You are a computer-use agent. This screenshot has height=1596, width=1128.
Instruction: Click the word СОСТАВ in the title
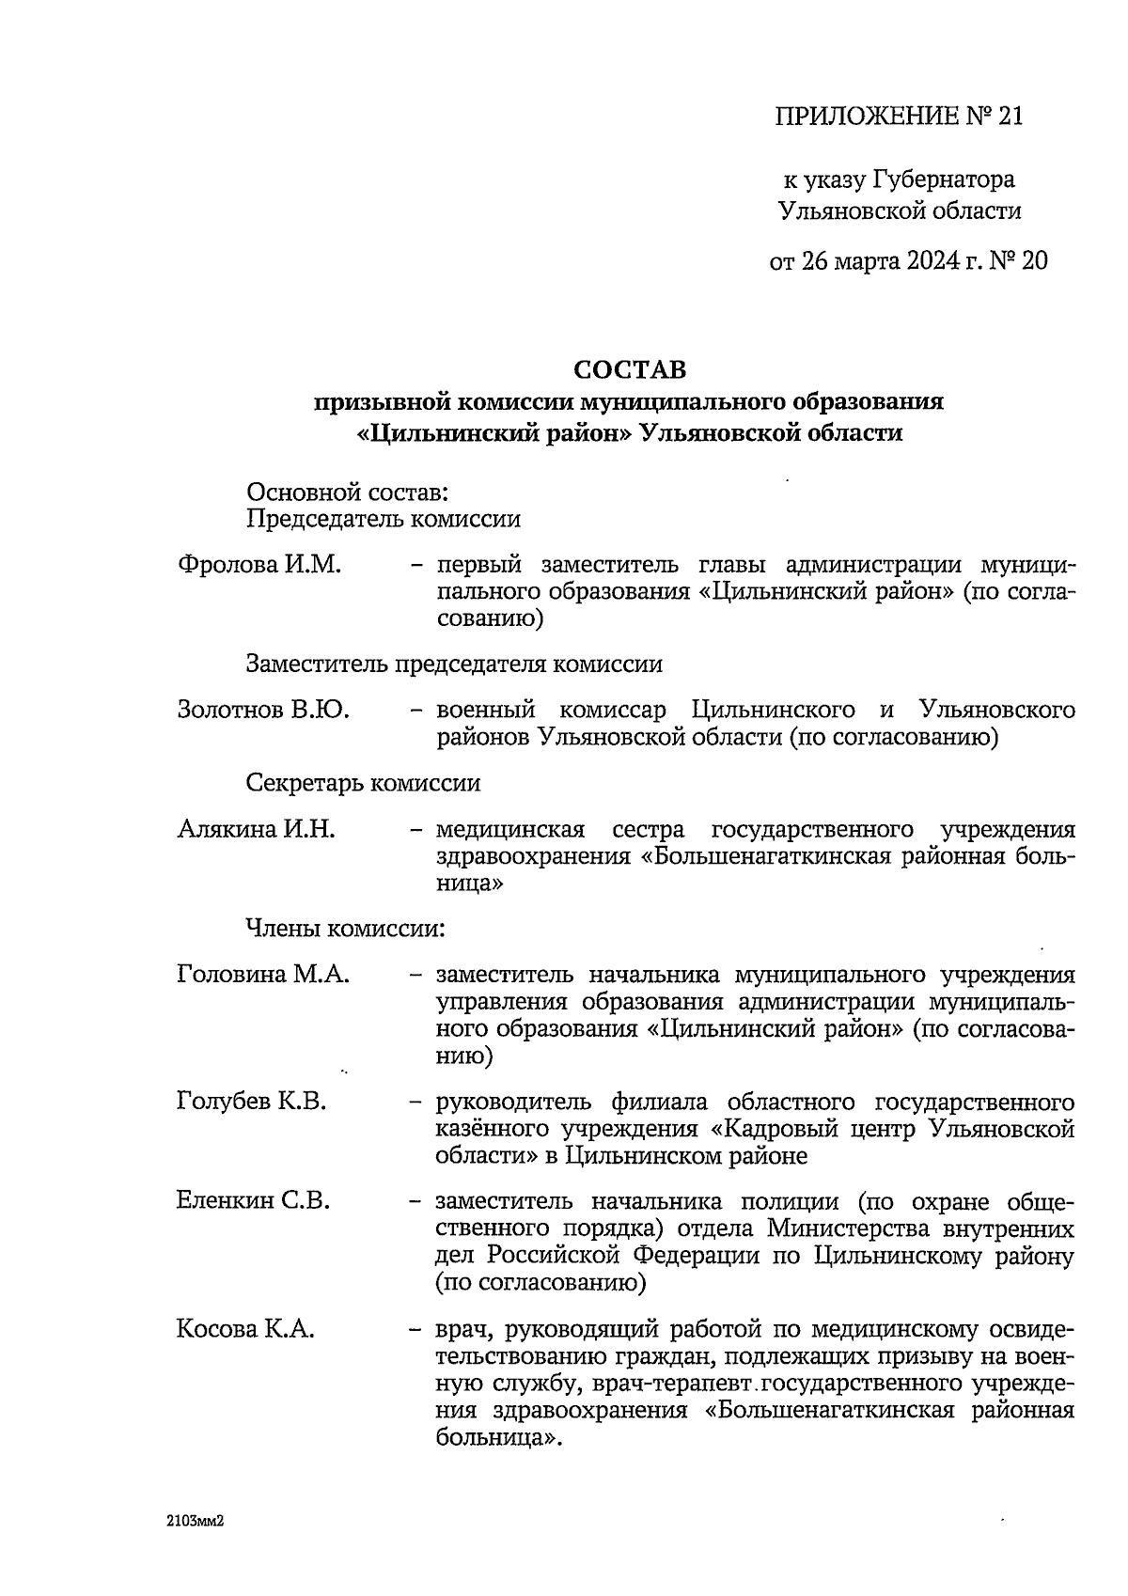(630, 368)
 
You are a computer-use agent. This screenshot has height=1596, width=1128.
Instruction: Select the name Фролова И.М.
(258, 565)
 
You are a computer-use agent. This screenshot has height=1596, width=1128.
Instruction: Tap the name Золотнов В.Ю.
(263, 710)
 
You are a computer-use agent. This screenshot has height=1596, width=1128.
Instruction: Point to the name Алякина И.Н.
(257, 830)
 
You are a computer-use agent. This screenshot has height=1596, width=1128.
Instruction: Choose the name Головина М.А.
(263, 975)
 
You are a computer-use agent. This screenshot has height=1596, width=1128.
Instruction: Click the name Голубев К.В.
(252, 1102)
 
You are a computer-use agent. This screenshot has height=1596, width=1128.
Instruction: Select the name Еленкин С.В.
(253, 1201)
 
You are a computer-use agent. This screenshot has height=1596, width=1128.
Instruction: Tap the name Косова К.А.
(245, 1330)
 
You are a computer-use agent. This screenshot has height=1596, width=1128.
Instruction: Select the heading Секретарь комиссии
(363, 783)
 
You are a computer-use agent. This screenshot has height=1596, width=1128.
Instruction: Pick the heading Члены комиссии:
(345, 929)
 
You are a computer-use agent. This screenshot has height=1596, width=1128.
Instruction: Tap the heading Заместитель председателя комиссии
(454, 664)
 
